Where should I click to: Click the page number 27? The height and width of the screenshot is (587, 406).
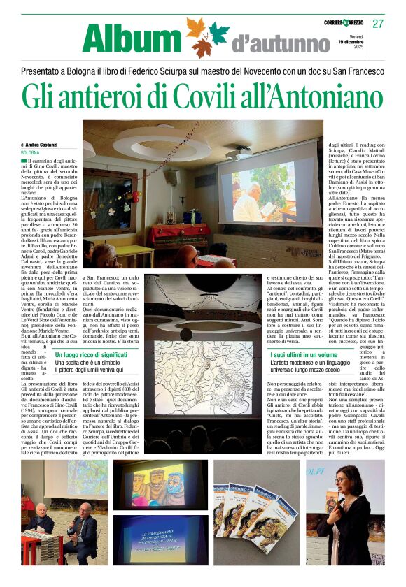point(379,24)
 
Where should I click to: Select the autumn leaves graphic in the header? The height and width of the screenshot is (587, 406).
point(208,37)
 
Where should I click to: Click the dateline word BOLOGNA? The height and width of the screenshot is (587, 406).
point(30,152)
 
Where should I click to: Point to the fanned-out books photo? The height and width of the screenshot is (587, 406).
point(255,517)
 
